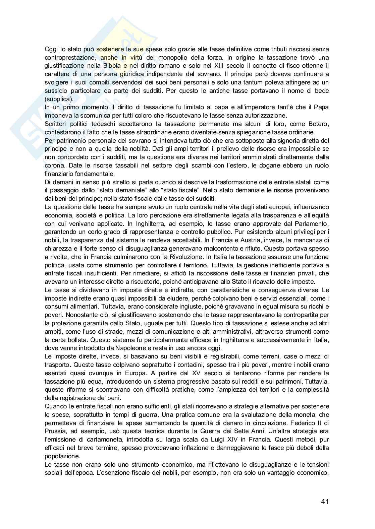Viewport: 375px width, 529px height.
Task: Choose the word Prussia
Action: (55, 431)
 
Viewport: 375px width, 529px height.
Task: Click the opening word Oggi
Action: (51, 49)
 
